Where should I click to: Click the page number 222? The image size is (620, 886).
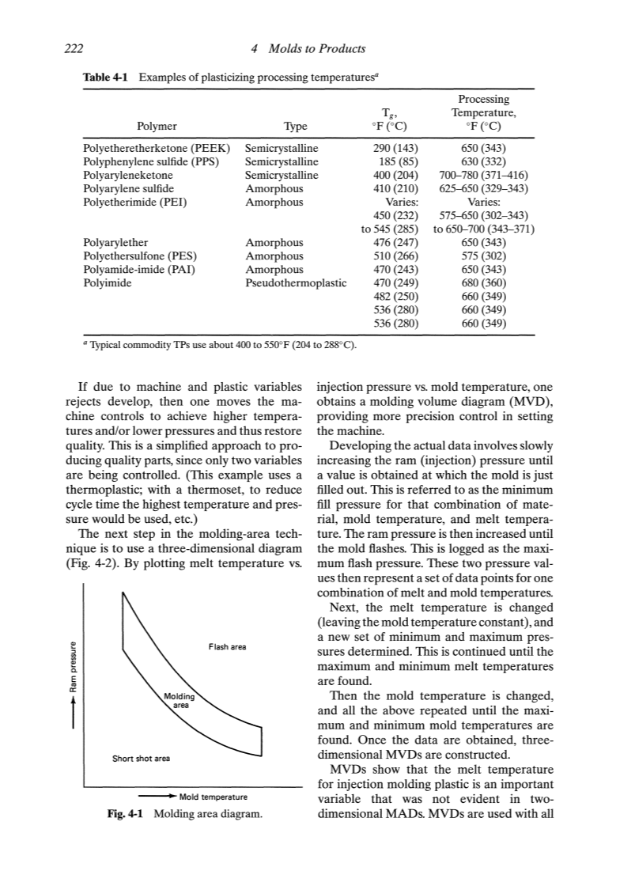75,49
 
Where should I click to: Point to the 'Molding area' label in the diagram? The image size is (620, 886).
178,700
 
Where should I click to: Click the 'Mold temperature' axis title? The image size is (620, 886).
214,797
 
